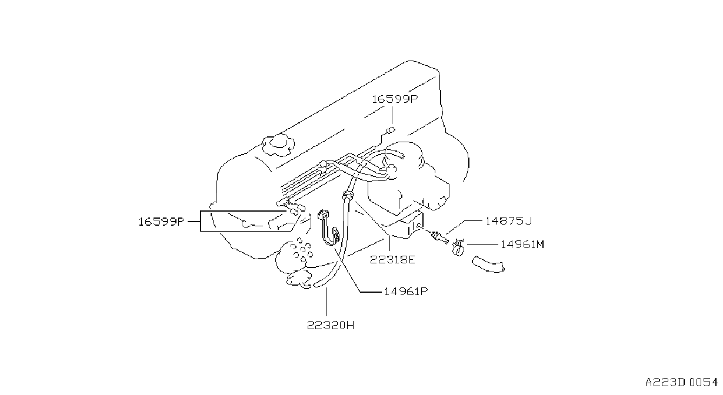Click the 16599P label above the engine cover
pyautogui.click(x=395, y=99)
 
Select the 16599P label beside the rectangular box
pyautogui.click(x=161, y=222)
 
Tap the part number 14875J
pyautogui.click(x=509, y=221)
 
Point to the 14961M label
pyautogui.click(x=522, y=245)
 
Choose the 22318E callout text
pyautogui.click(x=392, y=260)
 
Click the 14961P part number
pyautogui.click(x=406, y=292)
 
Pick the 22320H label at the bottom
pyautogui.click(x=331, y=326)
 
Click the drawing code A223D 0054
pyautogui.click(x=681, y=383)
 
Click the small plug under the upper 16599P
pyautogui.click(x=391, y=130)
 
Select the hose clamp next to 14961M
pyautogui.click(x=458, y=247)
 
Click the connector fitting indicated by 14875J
pyautogui.click(x=439, y=237)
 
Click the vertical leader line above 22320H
pyautogui.click(x=326, y=302)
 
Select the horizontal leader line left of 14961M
pyautogui.click(x=482, y=245)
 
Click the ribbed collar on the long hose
pyautogui.click(x=347, y=195)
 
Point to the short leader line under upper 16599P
pyautogui.click(x=392, y=115)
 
